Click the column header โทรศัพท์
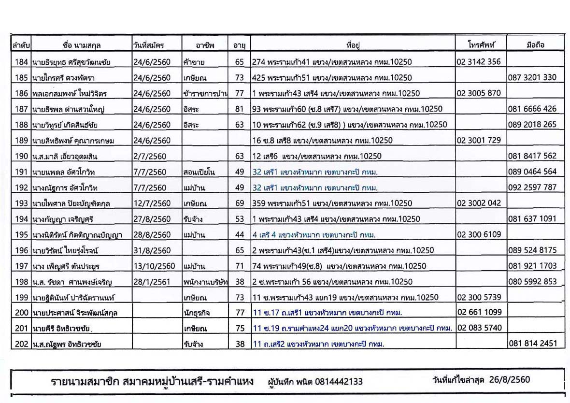481,45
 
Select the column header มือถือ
535,45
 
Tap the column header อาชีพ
205,45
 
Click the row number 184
21,62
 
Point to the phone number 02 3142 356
479,61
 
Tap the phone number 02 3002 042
479,203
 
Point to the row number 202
21,344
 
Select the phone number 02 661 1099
479,312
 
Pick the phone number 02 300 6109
479,234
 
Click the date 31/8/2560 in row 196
152,250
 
